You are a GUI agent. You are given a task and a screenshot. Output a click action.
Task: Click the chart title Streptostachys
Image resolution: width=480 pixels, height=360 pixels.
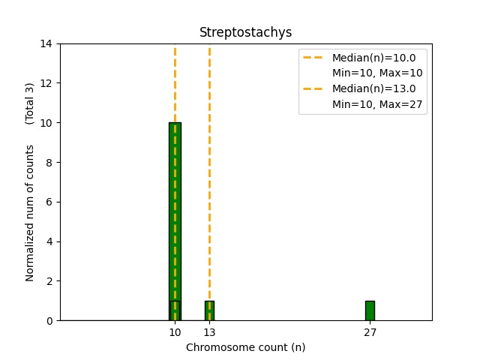245,32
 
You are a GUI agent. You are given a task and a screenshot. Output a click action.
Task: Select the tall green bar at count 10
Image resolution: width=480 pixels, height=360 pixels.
175,210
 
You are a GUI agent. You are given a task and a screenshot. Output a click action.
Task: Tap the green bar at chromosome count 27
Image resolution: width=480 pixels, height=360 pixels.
370,310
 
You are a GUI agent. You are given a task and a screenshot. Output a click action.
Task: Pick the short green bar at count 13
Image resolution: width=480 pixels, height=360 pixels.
209,310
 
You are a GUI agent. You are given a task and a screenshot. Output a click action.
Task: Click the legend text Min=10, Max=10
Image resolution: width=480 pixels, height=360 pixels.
377,73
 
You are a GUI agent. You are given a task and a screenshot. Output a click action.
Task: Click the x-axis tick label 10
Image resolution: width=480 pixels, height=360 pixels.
175,332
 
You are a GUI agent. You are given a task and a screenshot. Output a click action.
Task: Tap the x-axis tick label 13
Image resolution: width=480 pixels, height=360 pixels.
209,332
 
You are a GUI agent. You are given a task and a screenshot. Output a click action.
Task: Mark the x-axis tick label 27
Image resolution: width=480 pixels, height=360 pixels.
370,332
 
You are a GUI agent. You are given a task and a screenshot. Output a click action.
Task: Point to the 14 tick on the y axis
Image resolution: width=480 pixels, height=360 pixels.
46,43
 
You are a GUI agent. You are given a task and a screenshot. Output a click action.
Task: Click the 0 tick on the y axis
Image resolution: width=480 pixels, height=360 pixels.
49,320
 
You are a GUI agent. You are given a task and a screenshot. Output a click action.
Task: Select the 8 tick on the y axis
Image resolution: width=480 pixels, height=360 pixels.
49,162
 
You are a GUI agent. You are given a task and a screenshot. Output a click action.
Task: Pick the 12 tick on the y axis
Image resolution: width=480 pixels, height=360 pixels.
46,83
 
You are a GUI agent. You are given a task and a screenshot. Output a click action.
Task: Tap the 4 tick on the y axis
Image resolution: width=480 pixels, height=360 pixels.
49,241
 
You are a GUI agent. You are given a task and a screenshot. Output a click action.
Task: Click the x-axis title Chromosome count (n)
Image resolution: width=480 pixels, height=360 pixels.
245,347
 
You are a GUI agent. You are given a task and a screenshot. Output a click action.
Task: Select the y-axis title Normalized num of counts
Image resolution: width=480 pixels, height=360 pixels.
30,213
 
